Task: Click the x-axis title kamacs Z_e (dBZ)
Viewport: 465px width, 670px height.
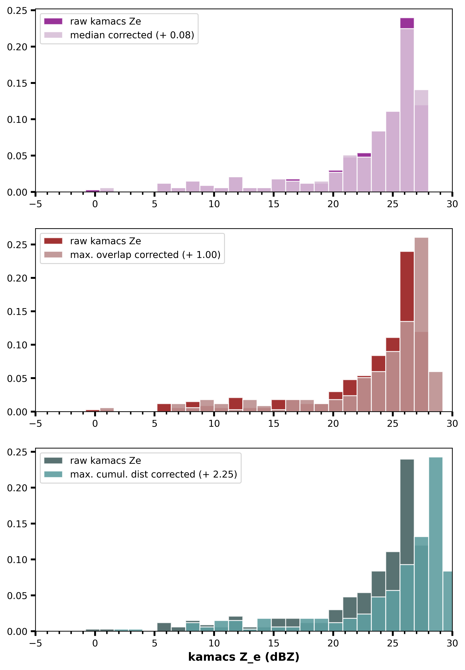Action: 244,657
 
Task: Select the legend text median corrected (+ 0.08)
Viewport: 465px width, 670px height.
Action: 132,35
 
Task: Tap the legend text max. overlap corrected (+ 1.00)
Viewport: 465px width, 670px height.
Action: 145,255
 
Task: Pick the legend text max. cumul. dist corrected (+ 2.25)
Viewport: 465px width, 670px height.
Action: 154,474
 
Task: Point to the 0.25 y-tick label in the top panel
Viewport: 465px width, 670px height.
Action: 17,11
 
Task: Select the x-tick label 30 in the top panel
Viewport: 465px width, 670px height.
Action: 452,204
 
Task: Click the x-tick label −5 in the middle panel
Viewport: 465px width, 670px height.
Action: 35,424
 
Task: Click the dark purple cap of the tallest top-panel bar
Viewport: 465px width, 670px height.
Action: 407,23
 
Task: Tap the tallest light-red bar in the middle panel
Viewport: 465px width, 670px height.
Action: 421,292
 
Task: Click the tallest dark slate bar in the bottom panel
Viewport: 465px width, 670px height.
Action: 407,511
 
